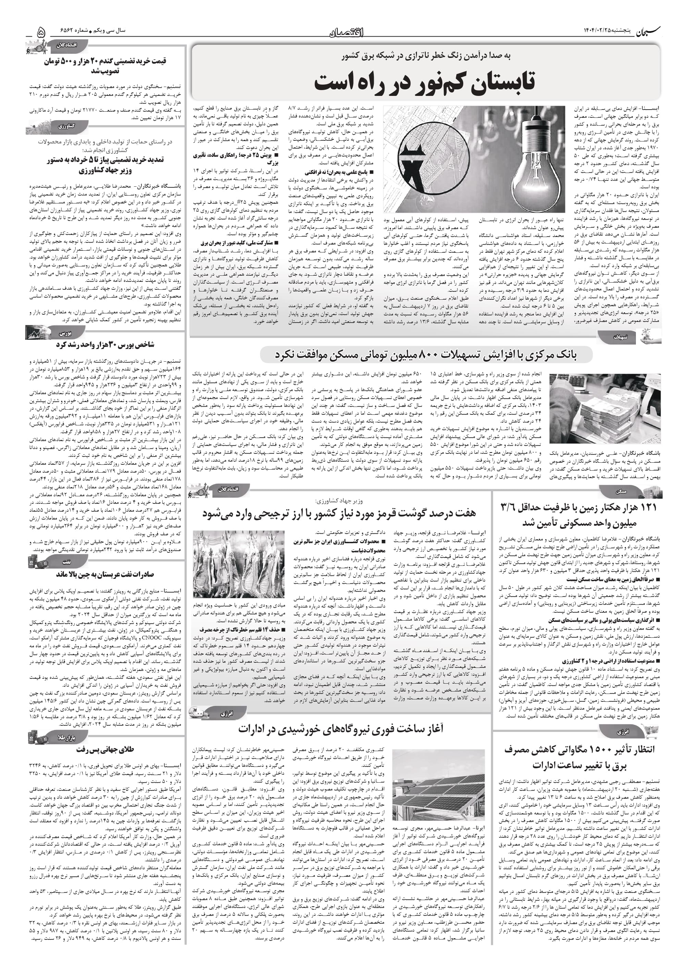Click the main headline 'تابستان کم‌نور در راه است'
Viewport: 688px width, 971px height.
coord(425,82)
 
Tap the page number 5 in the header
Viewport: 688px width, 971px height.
coord(41,32)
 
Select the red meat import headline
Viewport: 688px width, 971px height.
coord(339,513)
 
